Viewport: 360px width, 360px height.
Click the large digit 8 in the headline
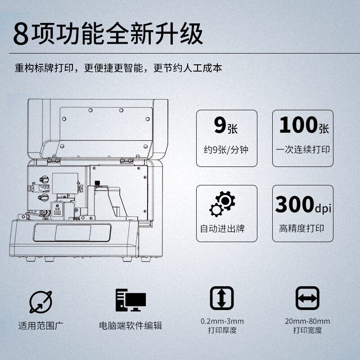[21, 34]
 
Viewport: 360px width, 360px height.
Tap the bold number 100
[298, 125]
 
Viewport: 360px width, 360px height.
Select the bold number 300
[295, 204]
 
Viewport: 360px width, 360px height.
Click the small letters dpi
[323, 208]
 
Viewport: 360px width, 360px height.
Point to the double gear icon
[222, 204]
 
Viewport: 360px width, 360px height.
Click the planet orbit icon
[40, 302]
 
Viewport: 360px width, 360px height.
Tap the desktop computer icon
[130, 300]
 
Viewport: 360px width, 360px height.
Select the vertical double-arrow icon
[222, 298]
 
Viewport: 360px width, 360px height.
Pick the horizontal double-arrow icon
[307, 298]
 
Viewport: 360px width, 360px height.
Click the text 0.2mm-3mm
[222, 321]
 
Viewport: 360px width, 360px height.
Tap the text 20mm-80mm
[307, 321]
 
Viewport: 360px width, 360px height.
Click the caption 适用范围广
[40, 325]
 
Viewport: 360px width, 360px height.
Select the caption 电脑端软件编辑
[130, 325]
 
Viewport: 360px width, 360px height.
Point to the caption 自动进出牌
[222, 229]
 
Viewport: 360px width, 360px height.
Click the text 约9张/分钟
[226, 150]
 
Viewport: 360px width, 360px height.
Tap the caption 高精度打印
[301, 228]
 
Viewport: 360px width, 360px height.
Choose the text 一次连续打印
[303, 149]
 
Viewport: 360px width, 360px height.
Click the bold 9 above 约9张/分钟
[220, 125]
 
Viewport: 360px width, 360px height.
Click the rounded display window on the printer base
[72, 233]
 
